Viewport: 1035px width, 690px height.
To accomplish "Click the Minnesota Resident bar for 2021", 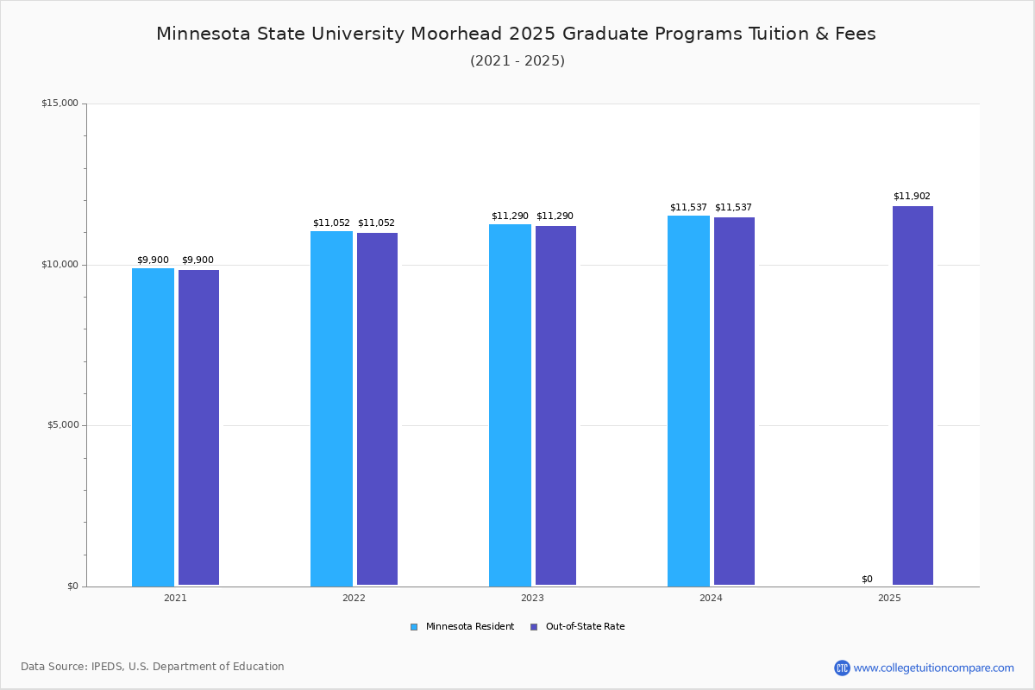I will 153,427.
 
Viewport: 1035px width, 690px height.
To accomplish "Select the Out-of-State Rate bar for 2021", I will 198,428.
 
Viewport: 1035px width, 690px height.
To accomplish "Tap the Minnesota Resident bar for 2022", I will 331,408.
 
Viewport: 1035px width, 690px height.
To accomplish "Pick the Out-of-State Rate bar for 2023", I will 555,405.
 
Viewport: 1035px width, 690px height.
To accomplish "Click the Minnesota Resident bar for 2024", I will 688,400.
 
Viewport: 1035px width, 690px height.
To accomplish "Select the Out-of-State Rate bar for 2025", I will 913,396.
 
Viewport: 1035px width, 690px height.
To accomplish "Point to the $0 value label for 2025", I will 867,579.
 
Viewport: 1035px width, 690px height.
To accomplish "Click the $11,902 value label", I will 912,196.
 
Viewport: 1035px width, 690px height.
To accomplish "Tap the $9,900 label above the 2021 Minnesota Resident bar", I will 153,260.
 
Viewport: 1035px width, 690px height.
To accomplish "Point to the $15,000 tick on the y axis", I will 60,103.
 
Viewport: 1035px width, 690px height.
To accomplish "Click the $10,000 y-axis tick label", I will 60,265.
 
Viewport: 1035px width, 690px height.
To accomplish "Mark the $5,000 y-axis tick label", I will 61,425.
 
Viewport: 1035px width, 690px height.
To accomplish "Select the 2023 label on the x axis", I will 532,598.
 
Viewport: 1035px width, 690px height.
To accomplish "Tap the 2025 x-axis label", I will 889,598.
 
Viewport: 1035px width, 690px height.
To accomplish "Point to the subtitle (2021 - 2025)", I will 517,60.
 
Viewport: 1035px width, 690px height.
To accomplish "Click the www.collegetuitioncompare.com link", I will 933,668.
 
